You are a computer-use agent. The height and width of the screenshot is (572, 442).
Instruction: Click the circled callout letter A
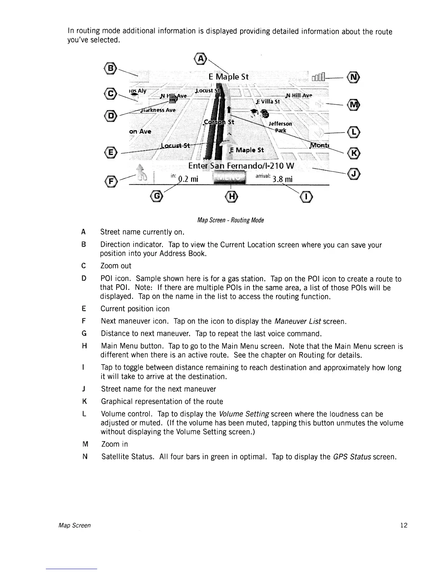(200, 58)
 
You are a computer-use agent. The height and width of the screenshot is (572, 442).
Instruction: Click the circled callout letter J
(354, 174)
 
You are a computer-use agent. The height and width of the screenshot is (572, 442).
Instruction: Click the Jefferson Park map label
(280, 127)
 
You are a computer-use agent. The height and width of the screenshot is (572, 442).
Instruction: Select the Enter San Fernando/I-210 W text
(241, 166)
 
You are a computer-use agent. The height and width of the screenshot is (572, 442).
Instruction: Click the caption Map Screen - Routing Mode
(230, 220)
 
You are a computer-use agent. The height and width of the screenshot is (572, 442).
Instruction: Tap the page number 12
(404, 525)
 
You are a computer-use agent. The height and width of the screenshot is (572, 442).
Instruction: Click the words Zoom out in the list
(116, 266)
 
